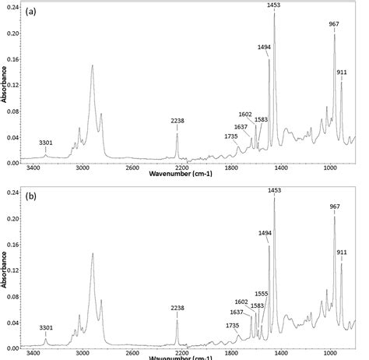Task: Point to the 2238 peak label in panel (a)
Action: click(x=177, y=121)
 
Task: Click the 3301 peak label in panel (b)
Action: click(x=46, y=328)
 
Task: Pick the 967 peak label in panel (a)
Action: click(x=334, y=24)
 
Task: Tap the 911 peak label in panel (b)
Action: click(x=342, y=253)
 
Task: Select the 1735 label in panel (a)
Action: click(x=230, y=136)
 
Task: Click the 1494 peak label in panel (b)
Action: click(x=264, y=232)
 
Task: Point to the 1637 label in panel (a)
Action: click(x=241, y=127)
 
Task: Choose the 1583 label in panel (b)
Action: click(x=256, y=305)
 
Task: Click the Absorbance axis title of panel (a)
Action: click(x=5, y=82)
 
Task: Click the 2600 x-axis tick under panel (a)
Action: click(x=132, y=167)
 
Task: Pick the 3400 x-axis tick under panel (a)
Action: click(x=33, y=167)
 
